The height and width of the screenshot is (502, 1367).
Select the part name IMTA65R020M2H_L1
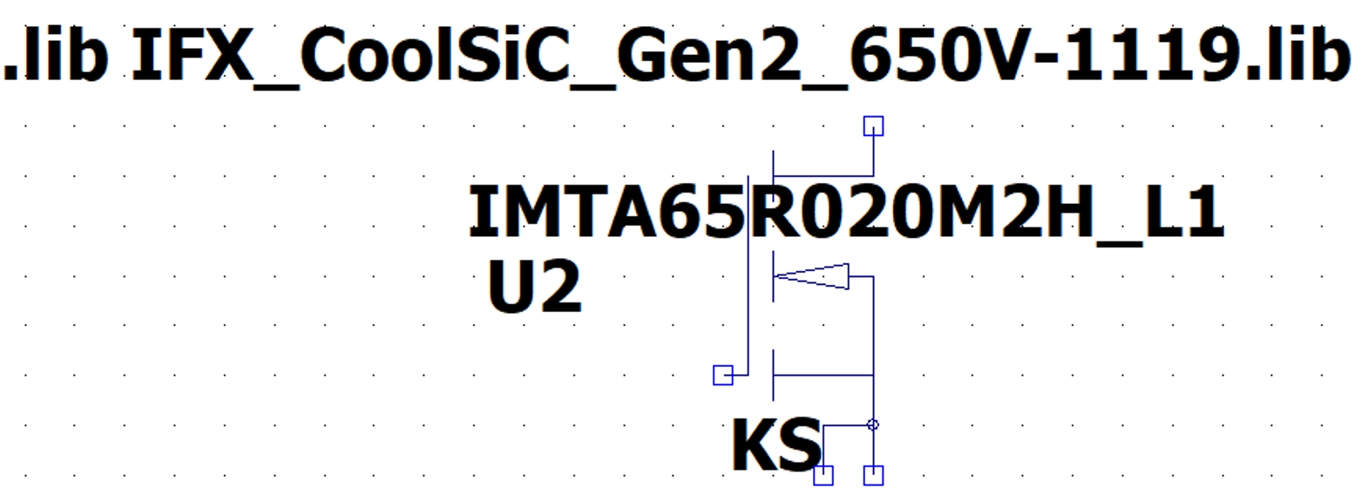(x=845, y=214)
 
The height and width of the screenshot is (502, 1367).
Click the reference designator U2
(x=534, y=288)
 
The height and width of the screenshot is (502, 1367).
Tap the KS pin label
(x=775, y=445)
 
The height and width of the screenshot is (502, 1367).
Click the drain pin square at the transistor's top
(x=873, y=126)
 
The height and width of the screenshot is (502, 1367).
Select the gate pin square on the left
(x=723, y=375)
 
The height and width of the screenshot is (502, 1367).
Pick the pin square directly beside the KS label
(x=823, y=475)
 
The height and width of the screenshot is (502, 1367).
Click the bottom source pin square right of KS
(x=873, y=475)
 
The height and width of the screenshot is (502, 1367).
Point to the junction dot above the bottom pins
(x=873, y=425)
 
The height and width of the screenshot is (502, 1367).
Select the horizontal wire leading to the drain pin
(x=823, y=176)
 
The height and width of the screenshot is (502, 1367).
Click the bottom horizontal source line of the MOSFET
(x=823, y=376)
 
